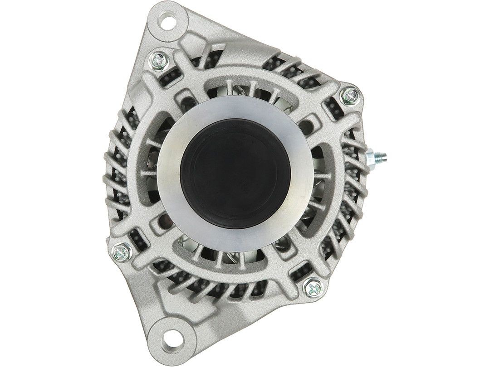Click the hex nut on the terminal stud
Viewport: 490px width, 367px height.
coord(373,158)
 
